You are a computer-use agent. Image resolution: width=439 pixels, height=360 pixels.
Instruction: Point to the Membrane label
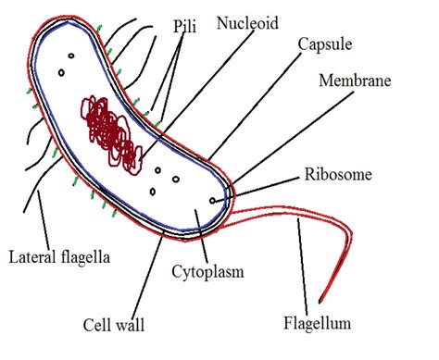click(x=356, y=81)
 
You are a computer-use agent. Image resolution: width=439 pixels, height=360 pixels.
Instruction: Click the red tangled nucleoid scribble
click(x=112, y=133)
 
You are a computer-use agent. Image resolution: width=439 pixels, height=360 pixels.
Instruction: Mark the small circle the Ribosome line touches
click(x=213, y=199)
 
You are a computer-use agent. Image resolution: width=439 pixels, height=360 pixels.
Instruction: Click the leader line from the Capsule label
click(x=259, y=105)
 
